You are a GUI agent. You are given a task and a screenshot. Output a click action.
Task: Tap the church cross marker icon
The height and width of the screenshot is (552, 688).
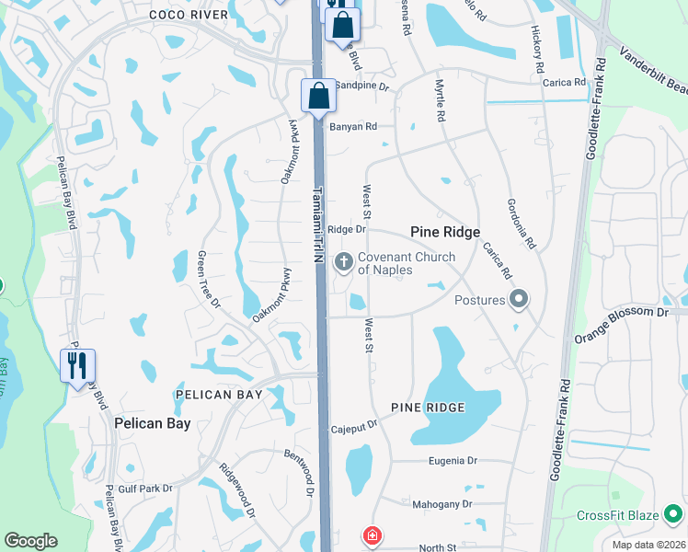(x=344, y=263)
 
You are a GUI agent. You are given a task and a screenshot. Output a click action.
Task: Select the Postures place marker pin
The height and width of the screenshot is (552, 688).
(x=519, y=299)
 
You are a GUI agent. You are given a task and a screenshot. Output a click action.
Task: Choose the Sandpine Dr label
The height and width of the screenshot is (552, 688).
(x=362, y=86)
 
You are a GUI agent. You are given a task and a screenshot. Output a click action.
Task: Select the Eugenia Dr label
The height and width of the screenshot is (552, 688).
(x=453, y=460)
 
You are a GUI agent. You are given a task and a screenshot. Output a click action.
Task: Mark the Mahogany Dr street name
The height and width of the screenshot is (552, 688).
(x=442, y=503)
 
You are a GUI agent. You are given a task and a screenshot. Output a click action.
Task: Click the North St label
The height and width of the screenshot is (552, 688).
(x=438, y=548)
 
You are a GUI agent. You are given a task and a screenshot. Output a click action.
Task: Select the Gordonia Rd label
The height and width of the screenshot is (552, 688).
(x=520, y=224)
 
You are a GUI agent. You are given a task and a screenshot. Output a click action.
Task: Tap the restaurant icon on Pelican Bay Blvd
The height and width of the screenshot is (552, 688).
(x=77, y=366)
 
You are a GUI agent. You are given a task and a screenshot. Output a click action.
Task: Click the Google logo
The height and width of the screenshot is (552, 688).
(x=30, y=540)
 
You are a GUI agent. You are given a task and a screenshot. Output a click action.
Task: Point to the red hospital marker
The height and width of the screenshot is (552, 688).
(x=373, y=535)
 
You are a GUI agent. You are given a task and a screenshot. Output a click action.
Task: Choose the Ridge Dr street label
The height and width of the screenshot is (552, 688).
(x=347, y=229)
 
